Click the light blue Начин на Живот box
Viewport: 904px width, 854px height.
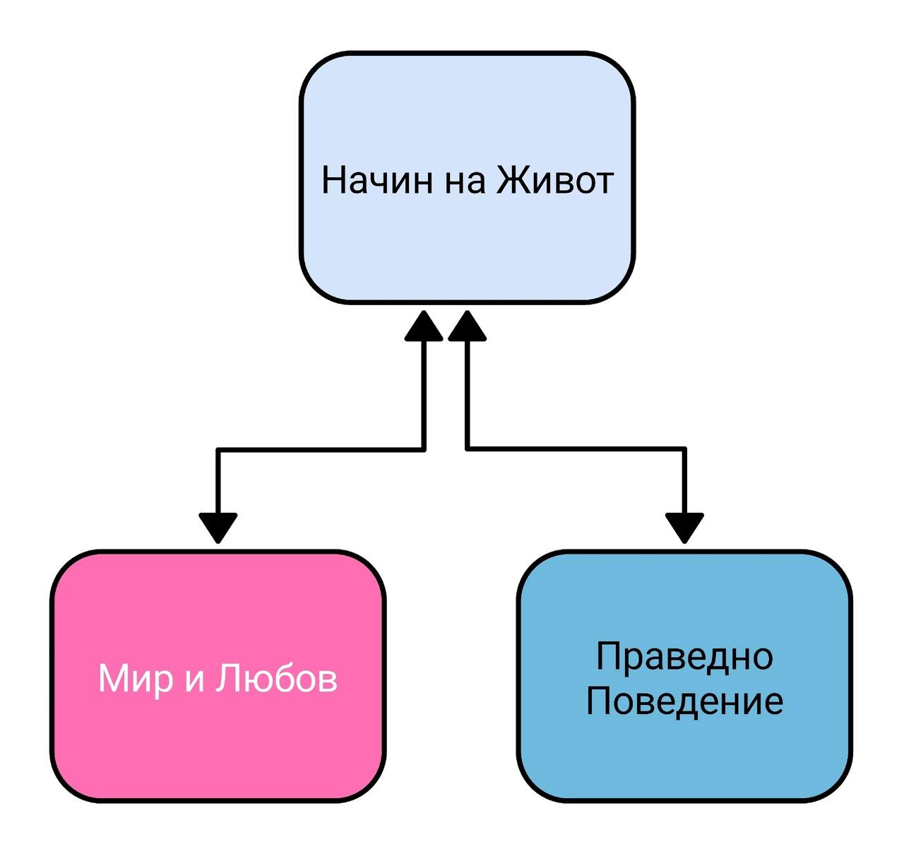click(x=467, y=177)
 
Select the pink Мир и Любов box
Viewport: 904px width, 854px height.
click(x=218, y=677)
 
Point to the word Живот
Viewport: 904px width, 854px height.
click(x=555, y=180)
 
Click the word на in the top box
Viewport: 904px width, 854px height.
click(x=464, y=184)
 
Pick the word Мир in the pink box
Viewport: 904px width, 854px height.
click(x=135, y=680)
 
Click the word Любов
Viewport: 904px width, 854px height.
click(x=276, y=678)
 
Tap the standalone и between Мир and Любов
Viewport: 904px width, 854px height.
click(x=194, y=682)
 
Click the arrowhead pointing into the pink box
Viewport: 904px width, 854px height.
click(x=218, y=528)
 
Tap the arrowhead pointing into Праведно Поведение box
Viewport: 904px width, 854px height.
click(x=684, y=528)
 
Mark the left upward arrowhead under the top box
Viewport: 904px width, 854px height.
click(x=424, y=326)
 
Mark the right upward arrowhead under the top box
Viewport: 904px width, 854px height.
click(x=468, y=326)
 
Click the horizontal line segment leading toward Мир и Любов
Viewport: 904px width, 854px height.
click(x=321, y=449)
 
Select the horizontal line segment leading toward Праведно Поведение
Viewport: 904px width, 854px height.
click(x=576, y=449)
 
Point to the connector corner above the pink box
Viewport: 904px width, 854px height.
click(x=218, y=449)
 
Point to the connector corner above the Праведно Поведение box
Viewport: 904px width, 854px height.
click(x=684, y=449)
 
